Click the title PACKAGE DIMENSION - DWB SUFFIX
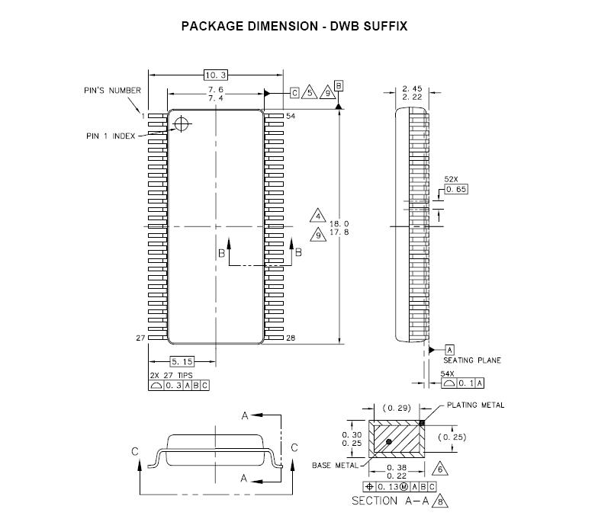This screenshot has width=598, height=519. tap(294, 26)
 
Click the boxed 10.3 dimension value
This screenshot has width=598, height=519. tap(216, 75)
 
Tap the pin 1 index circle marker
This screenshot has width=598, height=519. tap(182, 124)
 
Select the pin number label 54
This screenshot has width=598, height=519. tap(291, 116)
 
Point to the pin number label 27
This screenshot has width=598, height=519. tap(140, 338)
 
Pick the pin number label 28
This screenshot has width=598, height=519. tap(291, 338)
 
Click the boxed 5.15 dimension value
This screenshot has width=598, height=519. tap(182, 361)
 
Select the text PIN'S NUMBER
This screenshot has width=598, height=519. tap(112, 90)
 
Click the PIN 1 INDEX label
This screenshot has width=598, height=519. tap(111, 136)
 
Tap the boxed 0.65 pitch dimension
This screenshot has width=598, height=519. tap(455, 188)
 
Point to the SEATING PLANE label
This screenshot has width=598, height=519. tap(472, 360)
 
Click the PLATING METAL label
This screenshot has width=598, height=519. tap(475, 405)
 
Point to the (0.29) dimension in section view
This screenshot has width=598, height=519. tap(395, 409)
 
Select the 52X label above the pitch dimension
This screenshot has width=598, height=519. tap(452, 180)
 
